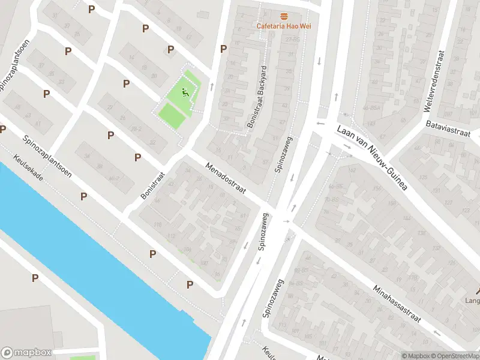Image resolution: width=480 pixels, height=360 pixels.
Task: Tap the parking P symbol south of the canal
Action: pyautogui.click(x=35, y=278)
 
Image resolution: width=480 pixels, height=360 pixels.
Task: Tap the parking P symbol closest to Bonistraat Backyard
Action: pyautogui.click(x=224, y=49)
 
